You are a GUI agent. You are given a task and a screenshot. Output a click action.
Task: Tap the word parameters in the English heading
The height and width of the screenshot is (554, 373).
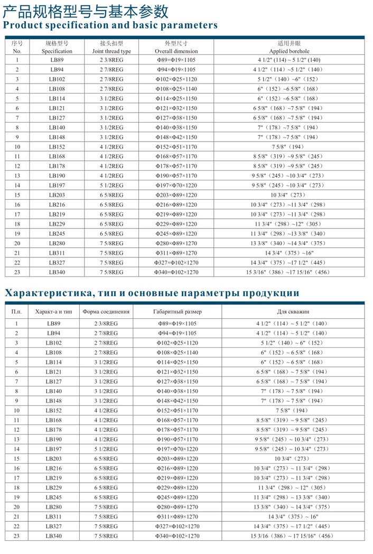click(x=185, y=25)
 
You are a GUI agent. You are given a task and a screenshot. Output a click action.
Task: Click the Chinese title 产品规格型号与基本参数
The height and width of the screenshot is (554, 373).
click(x=86, y=10)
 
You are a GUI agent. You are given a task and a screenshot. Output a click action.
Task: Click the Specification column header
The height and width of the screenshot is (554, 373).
click(x=57, y=51)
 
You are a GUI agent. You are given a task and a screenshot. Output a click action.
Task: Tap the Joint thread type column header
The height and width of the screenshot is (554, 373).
click(x=111, y=51)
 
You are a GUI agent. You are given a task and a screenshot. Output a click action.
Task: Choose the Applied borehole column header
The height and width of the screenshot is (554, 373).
click(x=289, y=51)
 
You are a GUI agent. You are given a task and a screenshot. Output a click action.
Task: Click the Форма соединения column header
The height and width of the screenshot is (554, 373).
click(x=106, y=311)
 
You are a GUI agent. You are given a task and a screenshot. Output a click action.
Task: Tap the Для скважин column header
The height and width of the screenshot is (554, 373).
click(x=292, y=311)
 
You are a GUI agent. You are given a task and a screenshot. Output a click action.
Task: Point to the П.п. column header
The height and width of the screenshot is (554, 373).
click(x=16, y=311)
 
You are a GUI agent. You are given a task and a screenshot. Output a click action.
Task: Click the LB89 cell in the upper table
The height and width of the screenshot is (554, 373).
click(x=57, y=60)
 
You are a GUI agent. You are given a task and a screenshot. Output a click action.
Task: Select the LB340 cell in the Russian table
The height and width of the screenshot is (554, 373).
click(x=53, y=536)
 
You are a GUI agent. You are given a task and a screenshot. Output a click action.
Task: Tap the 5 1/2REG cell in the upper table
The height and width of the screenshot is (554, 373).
click(x=111, y=186)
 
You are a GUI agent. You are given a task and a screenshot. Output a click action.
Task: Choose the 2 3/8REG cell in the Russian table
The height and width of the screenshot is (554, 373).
click(x=106, y=324)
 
